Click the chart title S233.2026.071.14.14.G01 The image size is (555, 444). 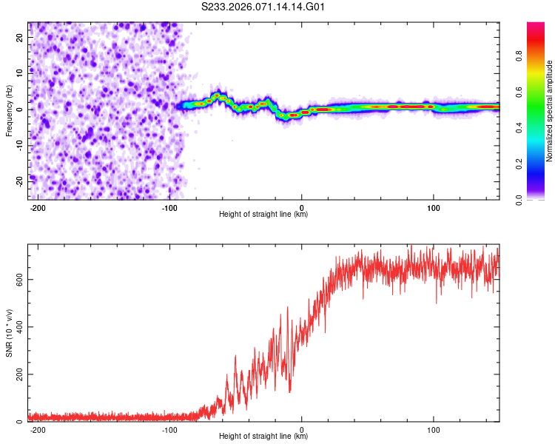click(263, 7)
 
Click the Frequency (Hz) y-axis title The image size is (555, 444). click(9, 110)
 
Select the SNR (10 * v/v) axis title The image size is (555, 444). click(9, 333)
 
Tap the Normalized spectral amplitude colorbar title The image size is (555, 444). click(549, 110)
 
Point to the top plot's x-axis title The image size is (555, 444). click(263, 214)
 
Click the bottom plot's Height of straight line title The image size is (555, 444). click(263, 436)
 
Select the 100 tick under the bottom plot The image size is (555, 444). click(433, 428)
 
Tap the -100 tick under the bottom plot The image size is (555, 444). click(169, 428)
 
